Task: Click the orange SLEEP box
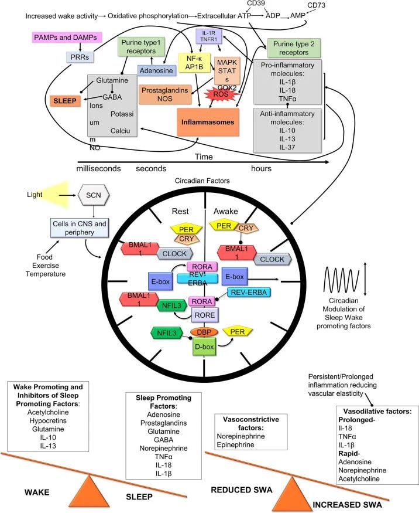click(64, 101)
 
